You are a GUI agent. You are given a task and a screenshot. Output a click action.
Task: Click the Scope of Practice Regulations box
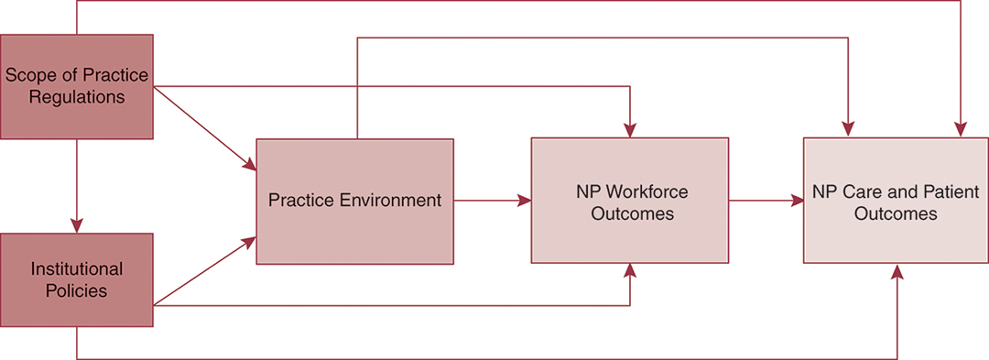(76, 86)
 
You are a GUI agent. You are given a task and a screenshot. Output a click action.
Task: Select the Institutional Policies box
(76, 279)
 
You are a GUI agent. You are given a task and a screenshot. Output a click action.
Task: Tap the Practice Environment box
(354, 200)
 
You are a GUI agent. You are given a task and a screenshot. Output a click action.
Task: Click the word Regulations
(77, 96)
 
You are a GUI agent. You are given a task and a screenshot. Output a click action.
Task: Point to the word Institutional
(77, 269)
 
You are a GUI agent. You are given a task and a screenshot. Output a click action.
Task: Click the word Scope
(27, 76)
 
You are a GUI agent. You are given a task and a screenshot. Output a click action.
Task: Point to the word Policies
(77, 290)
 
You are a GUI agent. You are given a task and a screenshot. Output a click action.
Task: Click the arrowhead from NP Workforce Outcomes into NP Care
(798, 200)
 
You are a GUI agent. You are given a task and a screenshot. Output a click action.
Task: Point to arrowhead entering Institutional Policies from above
(77, 226)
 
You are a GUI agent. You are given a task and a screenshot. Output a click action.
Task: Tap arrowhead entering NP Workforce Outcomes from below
(630, 270)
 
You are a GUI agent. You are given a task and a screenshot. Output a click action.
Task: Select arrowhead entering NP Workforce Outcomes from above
(630, 131)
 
